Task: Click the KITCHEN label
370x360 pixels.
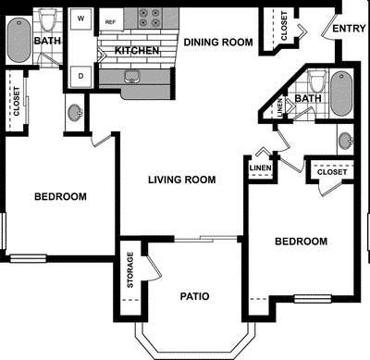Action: coord(136,50)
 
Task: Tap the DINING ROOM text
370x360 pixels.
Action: coord(218,42)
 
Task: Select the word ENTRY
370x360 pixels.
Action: coord(349,29)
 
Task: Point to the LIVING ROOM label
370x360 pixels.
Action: coord(184,180)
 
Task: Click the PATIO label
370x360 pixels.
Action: coord(194,296)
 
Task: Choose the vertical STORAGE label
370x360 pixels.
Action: coord(130,270)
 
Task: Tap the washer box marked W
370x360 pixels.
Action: coord(81,18)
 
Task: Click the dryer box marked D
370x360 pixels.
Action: coord(81,74)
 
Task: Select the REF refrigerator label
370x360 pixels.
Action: coord(110,20)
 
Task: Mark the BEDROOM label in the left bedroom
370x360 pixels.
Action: coord(61,196)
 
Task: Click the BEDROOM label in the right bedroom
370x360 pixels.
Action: coord(302,241)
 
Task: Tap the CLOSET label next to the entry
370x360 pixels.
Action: coord(283,29)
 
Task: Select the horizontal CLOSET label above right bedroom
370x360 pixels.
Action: coord(332,172)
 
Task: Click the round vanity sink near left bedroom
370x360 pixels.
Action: coord(74,114)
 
